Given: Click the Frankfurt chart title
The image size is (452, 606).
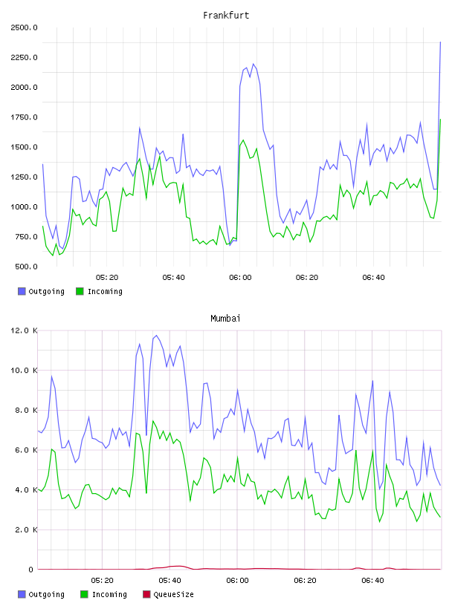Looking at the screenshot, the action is tap(226, 16).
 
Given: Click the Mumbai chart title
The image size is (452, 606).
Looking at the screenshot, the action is tap(225, 319).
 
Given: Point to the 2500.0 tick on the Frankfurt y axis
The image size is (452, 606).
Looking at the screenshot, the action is tap(24, 27).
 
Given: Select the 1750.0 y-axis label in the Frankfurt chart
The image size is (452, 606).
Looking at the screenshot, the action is tap(24, 117).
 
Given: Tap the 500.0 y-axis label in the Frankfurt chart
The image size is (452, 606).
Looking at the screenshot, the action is tap(26, 267).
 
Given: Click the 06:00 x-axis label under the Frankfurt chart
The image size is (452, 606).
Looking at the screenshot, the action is tap(240, 278).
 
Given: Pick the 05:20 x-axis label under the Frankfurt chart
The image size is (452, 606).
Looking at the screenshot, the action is tap(107, 278).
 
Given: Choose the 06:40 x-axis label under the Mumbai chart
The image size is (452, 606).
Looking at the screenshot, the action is tap(372, 581).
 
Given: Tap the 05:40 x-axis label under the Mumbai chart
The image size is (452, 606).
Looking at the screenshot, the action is tap(170, 581).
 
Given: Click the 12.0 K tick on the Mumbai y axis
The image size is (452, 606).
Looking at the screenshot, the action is tap(24, 330).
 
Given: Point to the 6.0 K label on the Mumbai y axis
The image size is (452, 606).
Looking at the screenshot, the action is tap(26, 450).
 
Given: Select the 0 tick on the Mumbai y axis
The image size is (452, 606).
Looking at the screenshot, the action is tap(30, 570).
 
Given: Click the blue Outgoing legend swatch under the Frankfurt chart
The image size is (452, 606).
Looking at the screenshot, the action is tap(22, 291).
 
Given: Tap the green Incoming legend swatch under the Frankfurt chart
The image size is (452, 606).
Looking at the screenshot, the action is tap(80, 291).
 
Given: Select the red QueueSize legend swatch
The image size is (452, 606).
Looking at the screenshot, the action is tap(146, 594).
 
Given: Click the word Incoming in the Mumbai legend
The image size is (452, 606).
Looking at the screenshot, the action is tap(109, 594).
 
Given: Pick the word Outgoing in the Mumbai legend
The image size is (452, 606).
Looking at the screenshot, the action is tap(46, 594).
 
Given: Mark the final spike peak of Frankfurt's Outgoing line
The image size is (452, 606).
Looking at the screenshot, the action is tap(440, 42).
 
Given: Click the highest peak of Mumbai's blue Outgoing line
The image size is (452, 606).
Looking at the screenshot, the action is tap(156, 336).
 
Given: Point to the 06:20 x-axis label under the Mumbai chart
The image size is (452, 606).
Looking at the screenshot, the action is tap(305, 581).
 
